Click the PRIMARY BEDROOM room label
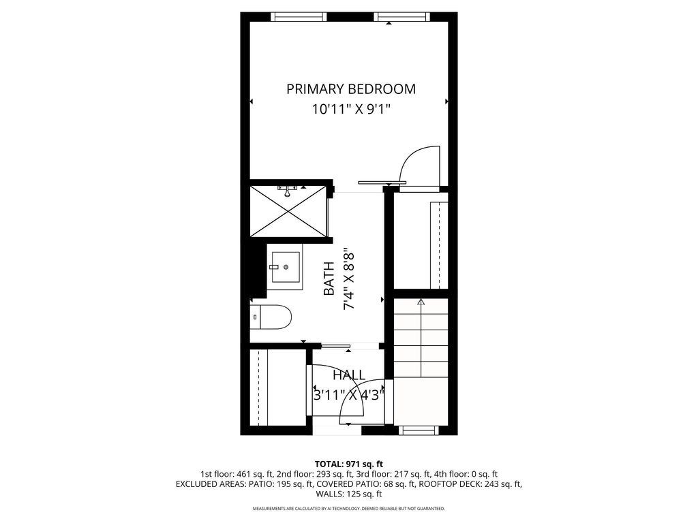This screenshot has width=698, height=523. point(350,89)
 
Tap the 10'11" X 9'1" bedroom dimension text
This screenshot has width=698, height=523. point(350,108)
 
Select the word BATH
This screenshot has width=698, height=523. point(329,279)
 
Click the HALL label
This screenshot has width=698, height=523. point(349,375)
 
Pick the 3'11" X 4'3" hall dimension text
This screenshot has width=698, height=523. point(349,394)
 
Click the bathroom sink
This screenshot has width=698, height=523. point(285,265)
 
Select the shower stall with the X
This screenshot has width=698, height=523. point(289,210)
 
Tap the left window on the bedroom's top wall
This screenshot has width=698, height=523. point(299,16)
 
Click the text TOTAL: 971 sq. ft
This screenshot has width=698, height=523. point(349,464)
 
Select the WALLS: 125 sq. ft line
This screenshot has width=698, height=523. point(349,494)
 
